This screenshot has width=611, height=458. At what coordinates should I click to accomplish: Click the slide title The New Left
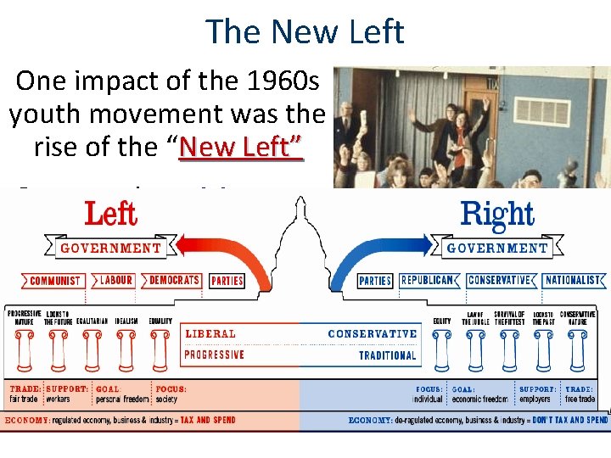click(x=305, y=31)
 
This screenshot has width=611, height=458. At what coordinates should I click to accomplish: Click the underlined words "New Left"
click(x=241, y=147)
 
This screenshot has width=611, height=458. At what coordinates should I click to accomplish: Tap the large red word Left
click(x=111, y=214)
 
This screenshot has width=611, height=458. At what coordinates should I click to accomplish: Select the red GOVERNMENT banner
click(x=110, y=249)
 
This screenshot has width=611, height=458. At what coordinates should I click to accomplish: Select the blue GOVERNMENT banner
click(x=497, y=249)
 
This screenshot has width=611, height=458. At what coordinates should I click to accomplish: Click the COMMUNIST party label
click(x=55, y=281)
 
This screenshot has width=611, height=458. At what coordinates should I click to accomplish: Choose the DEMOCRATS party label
click(x=175, y=280)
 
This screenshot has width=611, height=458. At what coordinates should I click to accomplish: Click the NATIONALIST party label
click(x=575, y=280)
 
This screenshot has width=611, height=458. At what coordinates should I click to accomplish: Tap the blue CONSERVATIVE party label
click(x=499, y=280)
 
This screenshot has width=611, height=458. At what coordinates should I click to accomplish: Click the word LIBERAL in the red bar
click(x=210, y=334)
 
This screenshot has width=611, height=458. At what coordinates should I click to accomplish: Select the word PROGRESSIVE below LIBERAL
click(x=215, y=355)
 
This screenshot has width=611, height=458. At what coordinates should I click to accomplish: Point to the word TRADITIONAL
click(x=388, y=355)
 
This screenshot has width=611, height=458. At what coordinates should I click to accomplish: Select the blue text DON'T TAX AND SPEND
click(x=570, y=420)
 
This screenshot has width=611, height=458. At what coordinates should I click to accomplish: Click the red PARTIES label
click(x=227, y=281)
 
